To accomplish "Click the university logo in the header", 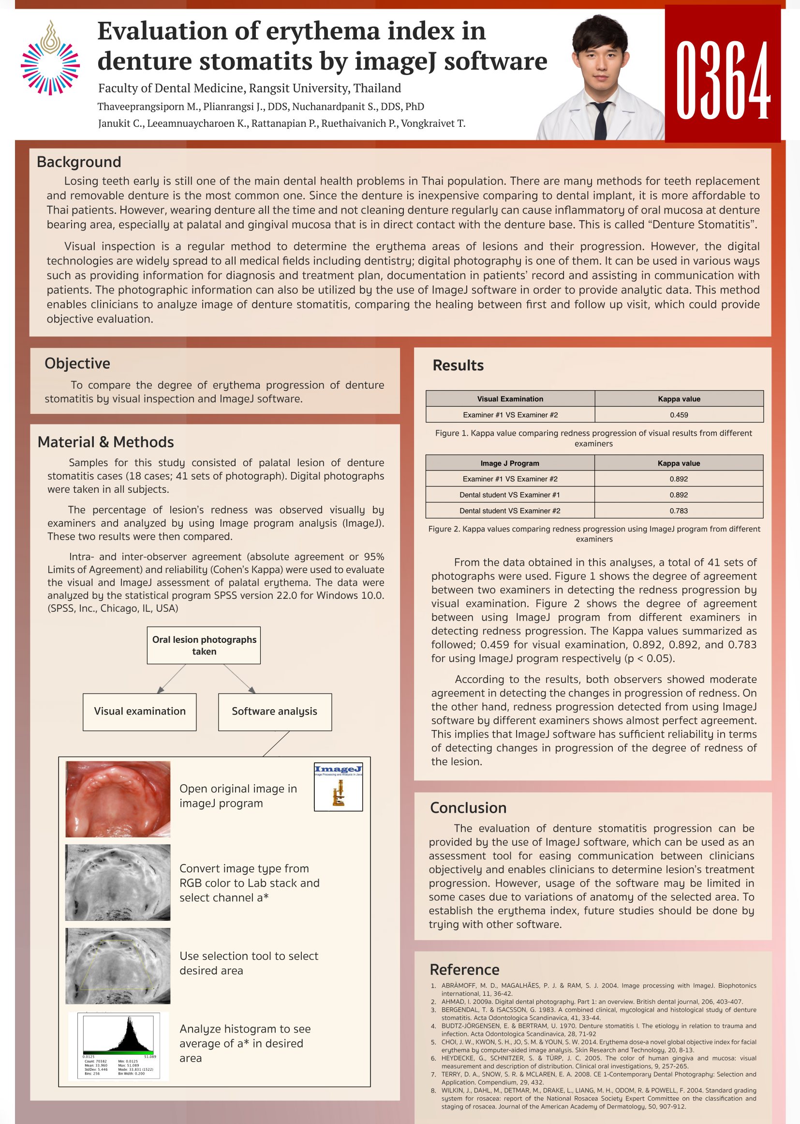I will click(50, 58).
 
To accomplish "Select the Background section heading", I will click(79, 162).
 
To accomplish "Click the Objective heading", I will click(77, 364).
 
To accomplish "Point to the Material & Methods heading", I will click(105, 442).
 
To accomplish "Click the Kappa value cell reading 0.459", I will click(678, 414).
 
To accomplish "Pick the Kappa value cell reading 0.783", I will click(678, 511).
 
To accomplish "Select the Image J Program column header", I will click(509, 463).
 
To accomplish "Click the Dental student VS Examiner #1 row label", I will click(509, 494).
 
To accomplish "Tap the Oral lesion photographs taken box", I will click(204, 645).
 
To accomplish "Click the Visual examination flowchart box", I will click(139, 712).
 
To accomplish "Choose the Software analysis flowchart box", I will click(274, 712).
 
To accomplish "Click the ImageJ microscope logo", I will click(338, 787).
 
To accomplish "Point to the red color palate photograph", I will click(118, 799).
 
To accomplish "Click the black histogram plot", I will click(119, 1035).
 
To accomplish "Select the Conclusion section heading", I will click(468, 807).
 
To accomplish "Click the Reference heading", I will click(464, 969).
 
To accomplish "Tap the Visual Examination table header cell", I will click(510, 399).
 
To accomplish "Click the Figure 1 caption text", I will click(593, 438).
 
